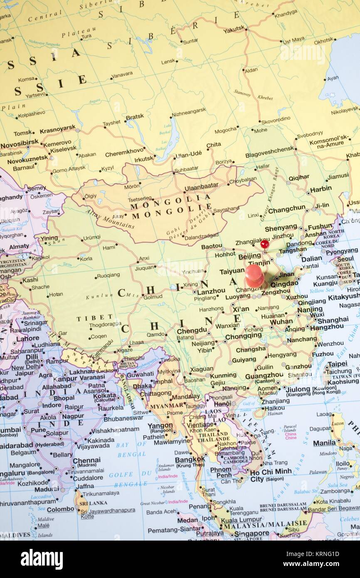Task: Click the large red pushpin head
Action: pos(254,275)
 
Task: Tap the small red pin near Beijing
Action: pos(264,244)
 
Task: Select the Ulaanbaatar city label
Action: pos(201,186)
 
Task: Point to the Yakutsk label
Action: pos(234,30)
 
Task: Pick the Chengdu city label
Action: pos(192,331)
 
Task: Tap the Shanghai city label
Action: pos(333,320)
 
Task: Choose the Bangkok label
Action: pos(189,459)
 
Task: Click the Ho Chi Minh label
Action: pos(271,471)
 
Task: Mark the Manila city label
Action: pos(324,443)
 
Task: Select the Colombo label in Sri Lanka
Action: pos(61,509)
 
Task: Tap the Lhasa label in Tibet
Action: pos(136,343)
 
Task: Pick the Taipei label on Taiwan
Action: pos(338,364)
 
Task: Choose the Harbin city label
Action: pos(321,189)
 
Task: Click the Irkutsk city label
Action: pos(143,159)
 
